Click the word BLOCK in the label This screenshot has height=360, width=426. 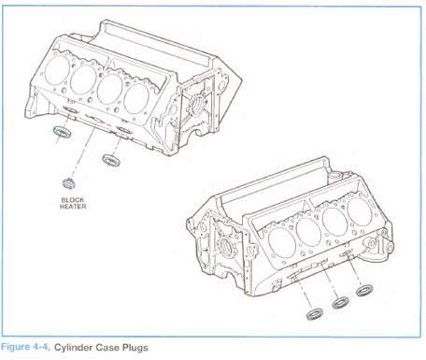tap(73, 200)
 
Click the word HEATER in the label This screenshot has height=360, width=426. tap(73, 207)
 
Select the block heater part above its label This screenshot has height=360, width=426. tap(68, 183)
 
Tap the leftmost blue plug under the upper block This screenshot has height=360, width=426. tap(63, 132)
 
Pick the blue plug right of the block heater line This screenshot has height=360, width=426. tap(111, 160)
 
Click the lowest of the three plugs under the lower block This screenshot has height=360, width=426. tap(314, 314)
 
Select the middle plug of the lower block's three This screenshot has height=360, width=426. tap(340, 303)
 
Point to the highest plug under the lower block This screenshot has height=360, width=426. tap(364, 291)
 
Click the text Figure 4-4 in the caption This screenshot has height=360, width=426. tap(25, 347)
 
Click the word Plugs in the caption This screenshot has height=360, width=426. tap(135, 348)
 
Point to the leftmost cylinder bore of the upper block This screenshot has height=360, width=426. tap(57, 70)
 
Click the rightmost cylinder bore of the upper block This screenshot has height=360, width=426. tap(136, 98)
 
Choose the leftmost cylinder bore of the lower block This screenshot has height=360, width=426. tap(282, 242)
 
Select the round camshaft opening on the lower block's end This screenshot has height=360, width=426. tap(225, 247)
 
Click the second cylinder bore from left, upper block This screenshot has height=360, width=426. tap(83, 79)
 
